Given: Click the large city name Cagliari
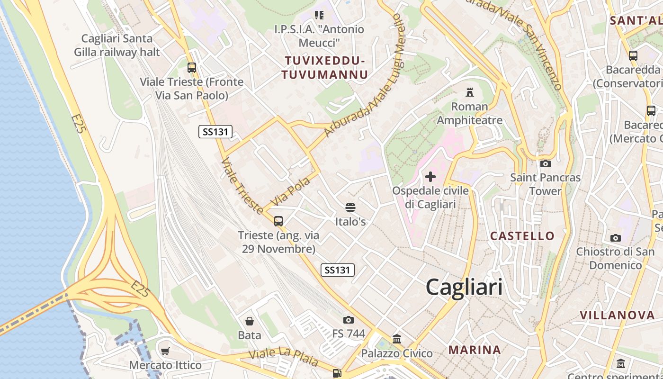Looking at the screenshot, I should [x=464, y=287].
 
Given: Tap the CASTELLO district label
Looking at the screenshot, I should [x=522, y=236].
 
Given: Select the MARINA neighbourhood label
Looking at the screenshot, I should [x=475, y=350].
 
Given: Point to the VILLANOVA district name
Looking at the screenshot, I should [x=617, y=315].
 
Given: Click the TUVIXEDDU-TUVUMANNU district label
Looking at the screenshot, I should [x=325, y=67].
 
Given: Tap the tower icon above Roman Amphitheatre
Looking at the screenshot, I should [x=470, y=92].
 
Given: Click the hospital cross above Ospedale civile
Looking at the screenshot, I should [x=430, y=177].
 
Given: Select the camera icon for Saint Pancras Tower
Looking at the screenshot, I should [x=545, y=164].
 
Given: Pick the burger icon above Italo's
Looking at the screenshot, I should [x=350, y=208].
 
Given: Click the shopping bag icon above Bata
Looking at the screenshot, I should [x=249, y=321].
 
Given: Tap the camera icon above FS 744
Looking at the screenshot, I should [x=349, y=320].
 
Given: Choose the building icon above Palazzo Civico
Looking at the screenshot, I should [x=397, y=339].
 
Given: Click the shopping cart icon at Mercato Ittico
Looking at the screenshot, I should [x=165, y=351].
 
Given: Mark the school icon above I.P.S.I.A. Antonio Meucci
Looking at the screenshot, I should [x=319, y=15].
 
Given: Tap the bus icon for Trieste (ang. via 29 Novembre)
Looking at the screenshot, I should [x=278, y=221].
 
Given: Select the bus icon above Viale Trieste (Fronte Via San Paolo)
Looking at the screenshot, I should [x=191, y=67].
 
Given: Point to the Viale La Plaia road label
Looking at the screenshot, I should [x=284, y=358].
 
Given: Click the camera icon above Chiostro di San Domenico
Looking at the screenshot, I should [x=615, y=238].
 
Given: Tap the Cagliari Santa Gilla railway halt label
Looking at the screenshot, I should [x=117, y=45].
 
